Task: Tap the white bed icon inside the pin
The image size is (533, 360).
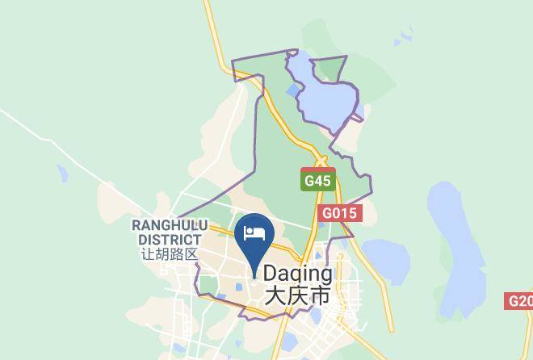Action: click(254, 234)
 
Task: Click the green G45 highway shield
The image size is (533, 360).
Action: click(317, 181)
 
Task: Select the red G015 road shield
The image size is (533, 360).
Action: click(340, 214)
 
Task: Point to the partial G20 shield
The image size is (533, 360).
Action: click(519, 301)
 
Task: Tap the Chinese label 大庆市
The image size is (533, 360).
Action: click(297, 296)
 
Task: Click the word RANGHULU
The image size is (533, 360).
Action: click(170, 225)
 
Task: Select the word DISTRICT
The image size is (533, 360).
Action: click(169, 239)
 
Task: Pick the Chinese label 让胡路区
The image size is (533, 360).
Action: click(169, 253)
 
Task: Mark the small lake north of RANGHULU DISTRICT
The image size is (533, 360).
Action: click(63, 172)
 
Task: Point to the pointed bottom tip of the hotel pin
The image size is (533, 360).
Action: click(254, 277)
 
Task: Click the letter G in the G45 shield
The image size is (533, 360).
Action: click(308, 181)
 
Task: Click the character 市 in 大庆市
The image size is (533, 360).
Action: click(319, 296)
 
